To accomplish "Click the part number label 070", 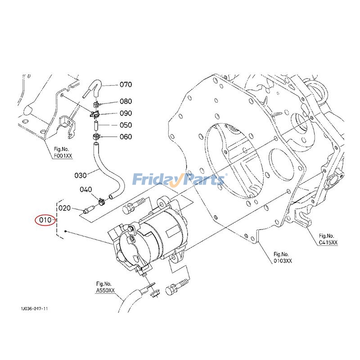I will (x=126, y=85).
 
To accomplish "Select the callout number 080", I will (x=126, y=102).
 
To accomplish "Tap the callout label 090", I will (x=126, y=113).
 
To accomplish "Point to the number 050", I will (x=126, y=125).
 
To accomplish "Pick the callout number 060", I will (x=126, y=137).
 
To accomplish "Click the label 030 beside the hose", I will (x=80, y=175).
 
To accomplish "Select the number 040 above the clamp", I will (x=86, y=189).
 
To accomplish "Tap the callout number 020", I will (x=65, y=208).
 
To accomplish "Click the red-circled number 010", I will (x=45, y=220).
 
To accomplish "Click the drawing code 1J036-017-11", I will (x=34, y=310).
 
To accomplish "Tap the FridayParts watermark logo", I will (x=179, y=180).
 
